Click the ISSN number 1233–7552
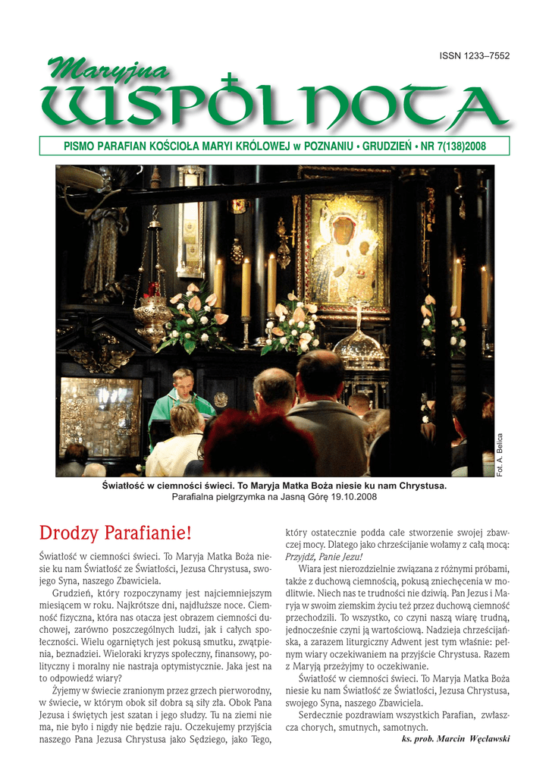click(x=475, y=56)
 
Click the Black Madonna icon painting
click(x=345, y=250)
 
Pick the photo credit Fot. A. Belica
click(x=499, y=455)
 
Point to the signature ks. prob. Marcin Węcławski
click(x=455, y=739)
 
